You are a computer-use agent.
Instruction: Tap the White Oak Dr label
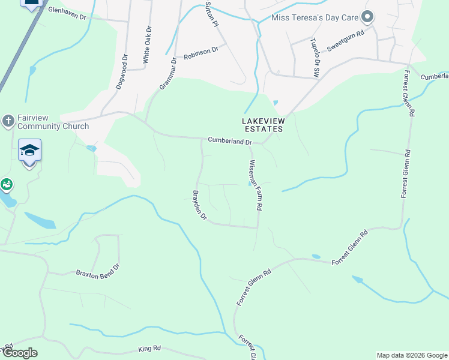(147, 45)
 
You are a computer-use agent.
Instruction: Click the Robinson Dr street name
(200, 52)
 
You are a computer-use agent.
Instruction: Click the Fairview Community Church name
(53, 122)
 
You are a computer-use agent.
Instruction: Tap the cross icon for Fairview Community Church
(8, 121)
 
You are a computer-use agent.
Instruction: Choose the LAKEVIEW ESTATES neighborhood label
(262, 125)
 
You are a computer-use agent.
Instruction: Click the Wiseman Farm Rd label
(256, 185)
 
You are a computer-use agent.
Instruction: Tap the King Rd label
(149, 348)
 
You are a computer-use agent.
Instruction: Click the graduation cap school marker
(29, 151)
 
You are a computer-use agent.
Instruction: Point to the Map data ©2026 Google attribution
(412, 355)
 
